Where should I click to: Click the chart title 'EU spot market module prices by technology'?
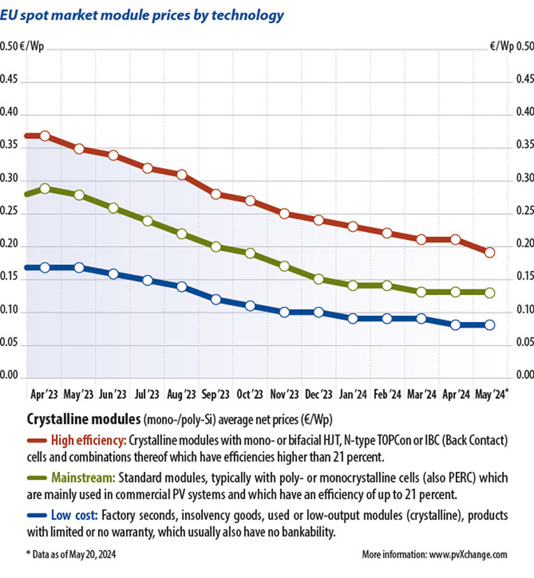[x=142, y=15]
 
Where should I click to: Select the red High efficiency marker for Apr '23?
[x=45, y=136]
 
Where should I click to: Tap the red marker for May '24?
[x=489, y=252]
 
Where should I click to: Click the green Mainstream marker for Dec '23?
[x=318, y=279]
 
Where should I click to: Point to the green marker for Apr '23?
[x=45, y=188]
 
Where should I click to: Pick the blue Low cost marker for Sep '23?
[x=216, y=299]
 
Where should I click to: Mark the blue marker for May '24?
[x=489, y=325]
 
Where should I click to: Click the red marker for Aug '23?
[x=182, y=175]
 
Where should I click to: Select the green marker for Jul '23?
[x=148, y=221]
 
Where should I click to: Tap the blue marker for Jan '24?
[x=353, y=319]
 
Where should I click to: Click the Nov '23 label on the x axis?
[x=284, y=394]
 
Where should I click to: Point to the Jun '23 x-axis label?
[x=112, y=394]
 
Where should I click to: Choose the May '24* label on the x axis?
[x=492, y=394]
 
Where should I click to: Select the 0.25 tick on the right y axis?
[x=525, y=211]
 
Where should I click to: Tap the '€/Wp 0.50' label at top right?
[x=511, y=46]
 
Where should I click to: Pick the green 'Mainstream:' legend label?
[x=83, y=478]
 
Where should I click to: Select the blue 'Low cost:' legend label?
[x=74, y=515]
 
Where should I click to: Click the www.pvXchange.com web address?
[x=468, y=554]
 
